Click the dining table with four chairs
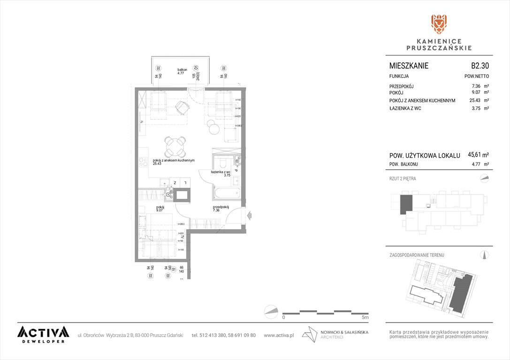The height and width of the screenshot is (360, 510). pyautogui.click(x=174, y=147)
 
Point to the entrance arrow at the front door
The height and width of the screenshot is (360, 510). pyautogui.click(x=249, y=215)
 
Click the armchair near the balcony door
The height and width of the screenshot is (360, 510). pyautogui.click(x=181, y=108)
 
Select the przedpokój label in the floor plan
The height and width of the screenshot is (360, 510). pyautogui.click(x=220, y=208)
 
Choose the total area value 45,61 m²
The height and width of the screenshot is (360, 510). pyautogui.click(x=479, y=155)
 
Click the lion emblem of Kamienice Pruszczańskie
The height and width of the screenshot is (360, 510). pyautogui.click(x=439, y=24)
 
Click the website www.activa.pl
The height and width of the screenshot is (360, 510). pyautogui.click(x=279, y=335)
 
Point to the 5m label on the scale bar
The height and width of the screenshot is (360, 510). pyautogui.click(x=365, y=317)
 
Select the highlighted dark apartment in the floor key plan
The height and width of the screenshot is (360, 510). pyautogui.click(x=405, y=205)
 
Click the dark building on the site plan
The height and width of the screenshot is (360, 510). pyautogui.click(x=461, y=292)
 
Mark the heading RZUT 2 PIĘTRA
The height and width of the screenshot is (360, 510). pyautogui.click(x=403, y=179)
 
